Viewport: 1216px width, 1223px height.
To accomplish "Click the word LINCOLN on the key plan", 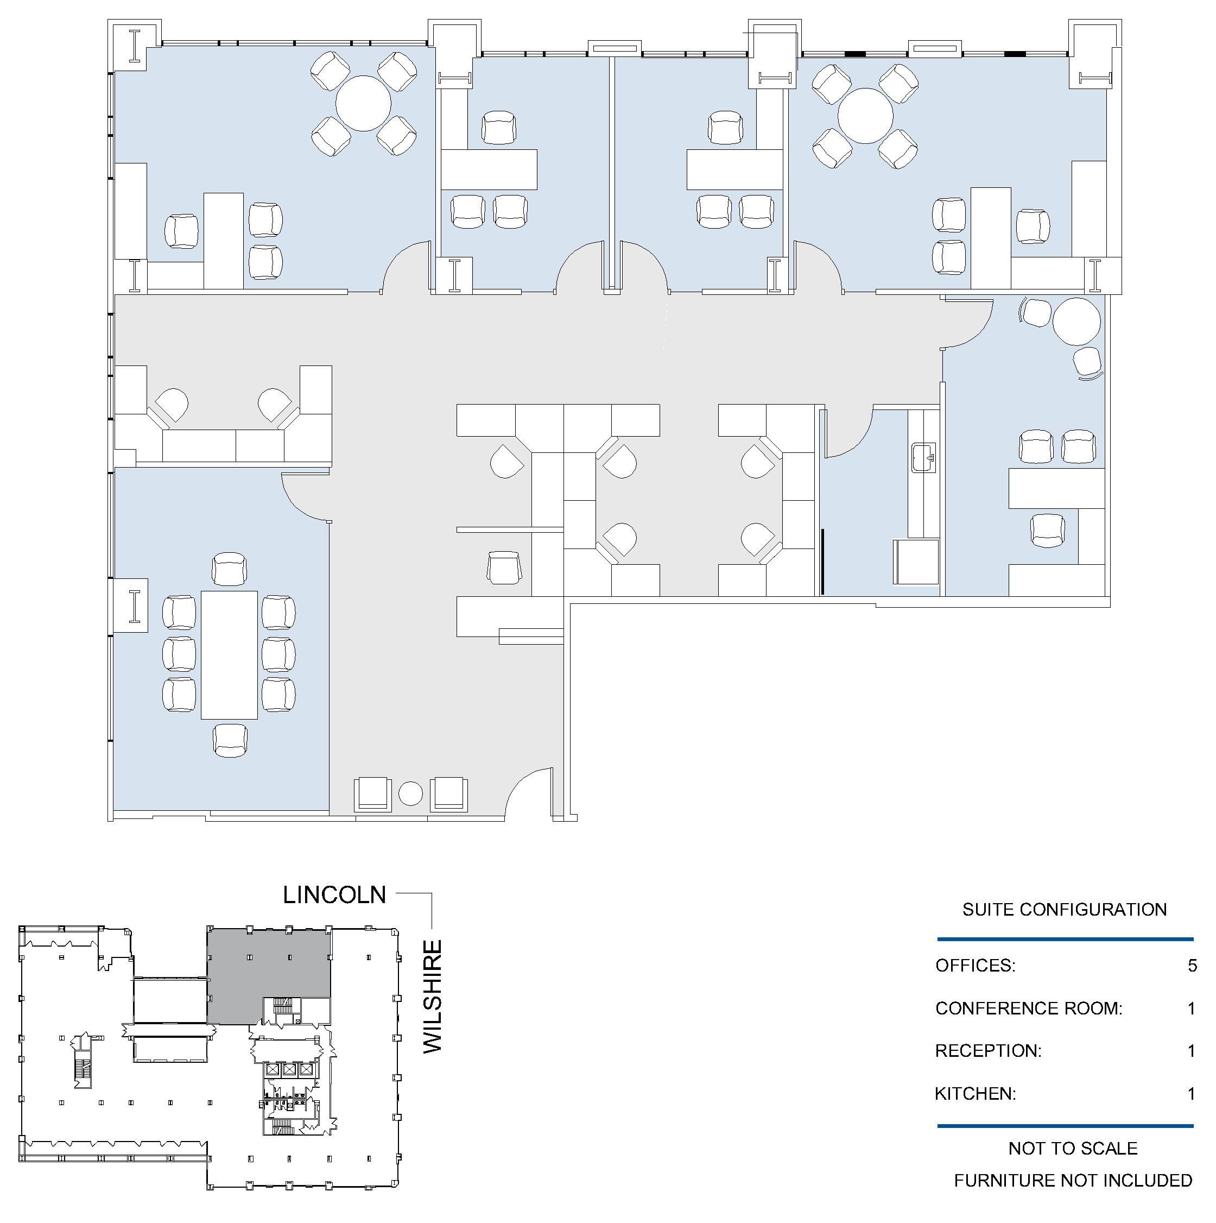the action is pos(334,894).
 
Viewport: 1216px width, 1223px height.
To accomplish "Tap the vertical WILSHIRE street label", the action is pos(433,997).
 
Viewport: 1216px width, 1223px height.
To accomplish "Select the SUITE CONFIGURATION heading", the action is pos(1064,910).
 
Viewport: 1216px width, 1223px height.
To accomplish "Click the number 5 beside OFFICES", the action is pos(1192,966).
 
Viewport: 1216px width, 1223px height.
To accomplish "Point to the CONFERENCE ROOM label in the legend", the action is pos(1029,1008).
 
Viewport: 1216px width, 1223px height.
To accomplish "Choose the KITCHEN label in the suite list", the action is pos(975,1093).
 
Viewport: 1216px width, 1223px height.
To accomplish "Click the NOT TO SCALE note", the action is pos(1073,1148).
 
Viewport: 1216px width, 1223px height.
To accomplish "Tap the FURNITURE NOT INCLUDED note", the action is pos(1073,1181).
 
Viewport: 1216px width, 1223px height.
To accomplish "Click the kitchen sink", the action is pos(923,457).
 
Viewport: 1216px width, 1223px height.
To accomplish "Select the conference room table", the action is pos(229,654).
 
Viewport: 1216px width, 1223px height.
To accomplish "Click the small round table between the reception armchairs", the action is pos(410,794).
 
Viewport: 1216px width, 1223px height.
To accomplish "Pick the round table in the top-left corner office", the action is pos(363,103).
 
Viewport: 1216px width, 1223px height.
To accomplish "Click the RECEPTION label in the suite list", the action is pos(987,1051).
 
